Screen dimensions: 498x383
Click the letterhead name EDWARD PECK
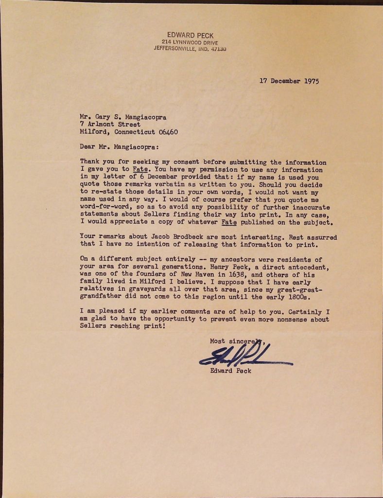(190, 35)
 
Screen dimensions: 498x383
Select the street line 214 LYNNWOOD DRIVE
(190, 42)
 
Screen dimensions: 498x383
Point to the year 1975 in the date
(311, 81)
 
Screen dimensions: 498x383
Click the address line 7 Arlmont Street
(110, 124)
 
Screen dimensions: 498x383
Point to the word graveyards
(143, 289)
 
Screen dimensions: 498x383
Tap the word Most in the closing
(217, 341)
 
